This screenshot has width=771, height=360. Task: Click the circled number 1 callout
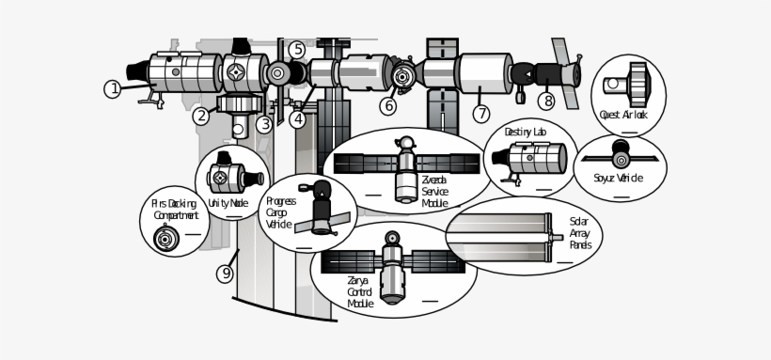[x=112, y=89]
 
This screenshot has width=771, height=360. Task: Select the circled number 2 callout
[x=201, y=117]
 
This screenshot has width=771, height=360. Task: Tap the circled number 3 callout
[x=265, y=123]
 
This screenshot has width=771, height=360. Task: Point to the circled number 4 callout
[x=298, y=119]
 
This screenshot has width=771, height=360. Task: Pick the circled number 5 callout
[x=297, y=49]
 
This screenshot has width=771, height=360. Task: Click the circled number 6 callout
[x=387, y=106]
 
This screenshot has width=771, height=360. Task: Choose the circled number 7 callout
[x=481, y=114]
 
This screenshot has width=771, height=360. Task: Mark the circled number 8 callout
[x=546, y=101]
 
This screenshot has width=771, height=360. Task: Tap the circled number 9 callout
[x=225, y=274]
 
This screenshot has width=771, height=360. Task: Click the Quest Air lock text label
[x=623, y=115]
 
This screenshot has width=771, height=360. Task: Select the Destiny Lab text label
[x=525, y=133]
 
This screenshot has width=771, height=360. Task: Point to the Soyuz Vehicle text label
[x=618, y=178]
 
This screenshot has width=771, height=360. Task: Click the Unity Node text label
[x=228, y=202]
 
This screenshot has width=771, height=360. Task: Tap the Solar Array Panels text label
[x=580, y=233]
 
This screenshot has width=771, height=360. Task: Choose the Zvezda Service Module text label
[x=434, y=191]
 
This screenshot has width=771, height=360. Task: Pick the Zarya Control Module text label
[x=360, y=291]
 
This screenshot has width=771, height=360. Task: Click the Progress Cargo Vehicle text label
[x=280, y=212]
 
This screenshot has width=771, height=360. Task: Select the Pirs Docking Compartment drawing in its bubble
[x=166, y=240]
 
